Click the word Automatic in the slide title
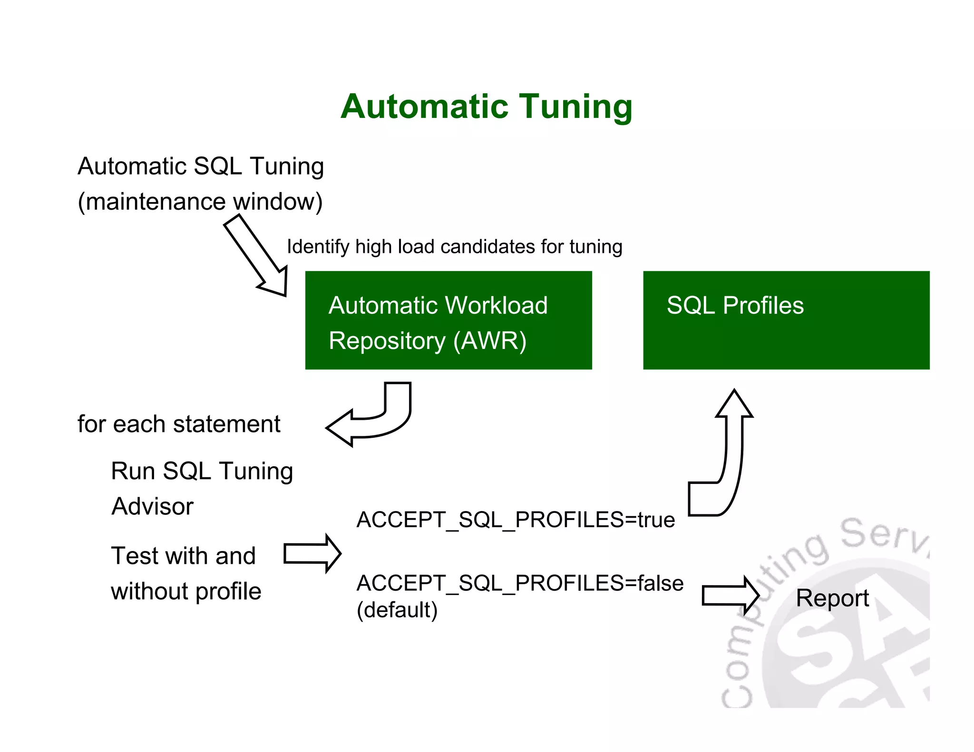[x=424, y=106]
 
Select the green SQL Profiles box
[x=786, y=320]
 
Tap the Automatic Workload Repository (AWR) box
[x=448, y=320]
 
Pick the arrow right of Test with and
[x=312, y=554]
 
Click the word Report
[x=832, y=598]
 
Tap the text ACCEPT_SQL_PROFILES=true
[x=516, y=520]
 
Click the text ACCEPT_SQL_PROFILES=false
[x=520, y=583]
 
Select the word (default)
[x=397, y=610]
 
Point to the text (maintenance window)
[x=200, y=202]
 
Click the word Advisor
[x=152, y=506]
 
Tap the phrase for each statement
[x=179, y=424]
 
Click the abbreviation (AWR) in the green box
[x=490, y=341]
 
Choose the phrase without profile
[x=186, y=592]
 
